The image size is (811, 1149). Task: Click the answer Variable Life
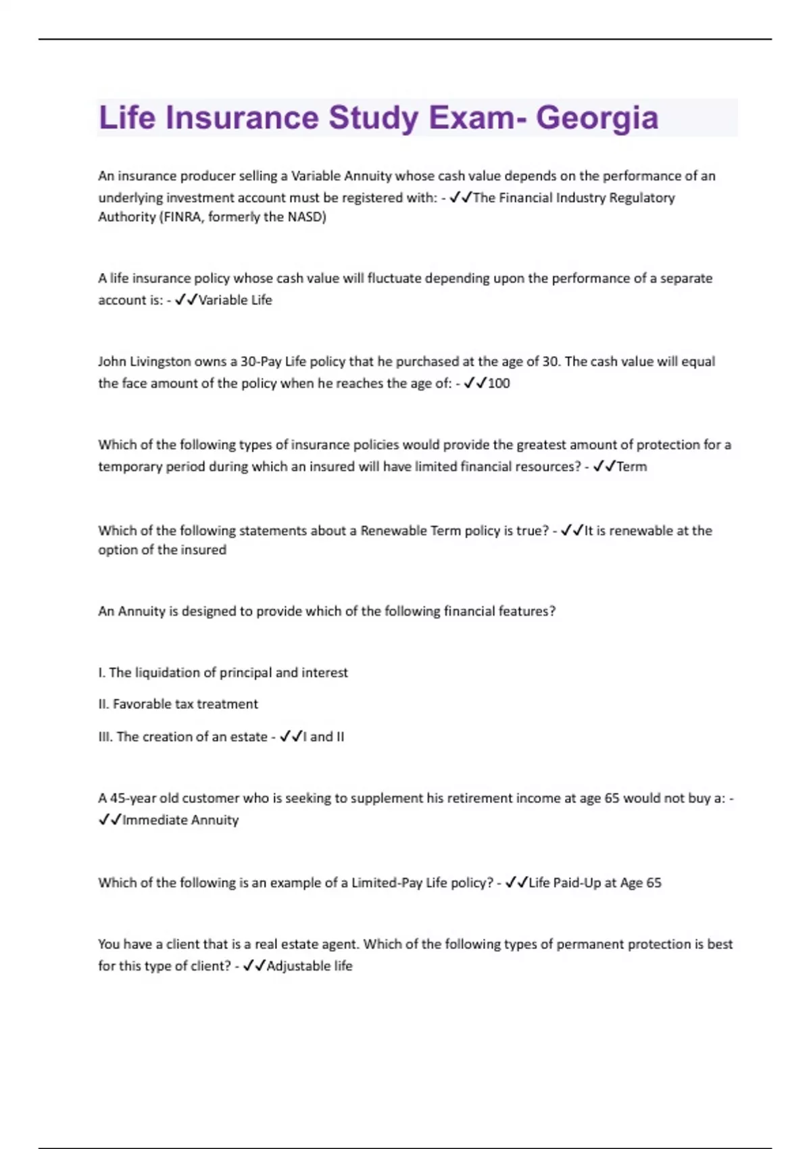coord(235,300)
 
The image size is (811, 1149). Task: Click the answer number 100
coord(499,383)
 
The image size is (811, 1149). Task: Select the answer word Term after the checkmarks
coord(631,466)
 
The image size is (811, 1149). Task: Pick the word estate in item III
coord(248,737)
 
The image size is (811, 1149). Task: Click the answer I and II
coord(324,737)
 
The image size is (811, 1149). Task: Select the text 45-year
coord(132,798)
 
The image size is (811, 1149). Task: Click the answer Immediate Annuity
coord(180,820)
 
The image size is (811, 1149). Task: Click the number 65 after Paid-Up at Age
coord(654,883)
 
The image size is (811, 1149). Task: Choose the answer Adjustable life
coord(310,966)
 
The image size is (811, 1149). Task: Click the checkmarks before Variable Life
coord(186,300)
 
